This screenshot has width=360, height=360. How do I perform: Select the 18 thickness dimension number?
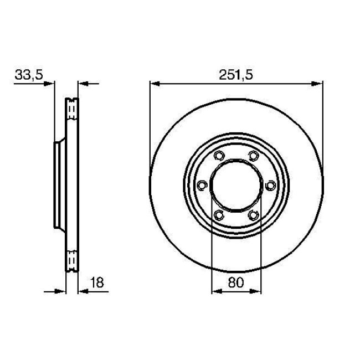click(x=97, y=283)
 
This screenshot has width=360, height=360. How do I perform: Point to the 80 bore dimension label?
click(x=236, y=283)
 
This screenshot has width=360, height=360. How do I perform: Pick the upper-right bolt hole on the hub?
click(x=254, y=156)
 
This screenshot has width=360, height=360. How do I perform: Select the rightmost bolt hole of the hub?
click(x=271, y=185)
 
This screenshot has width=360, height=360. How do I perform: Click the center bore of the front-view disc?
click(x=236, y=185)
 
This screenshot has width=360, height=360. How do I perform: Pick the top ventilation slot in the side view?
click(x=72, y=110)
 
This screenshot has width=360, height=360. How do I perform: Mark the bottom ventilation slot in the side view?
click(x=72, y=260)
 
